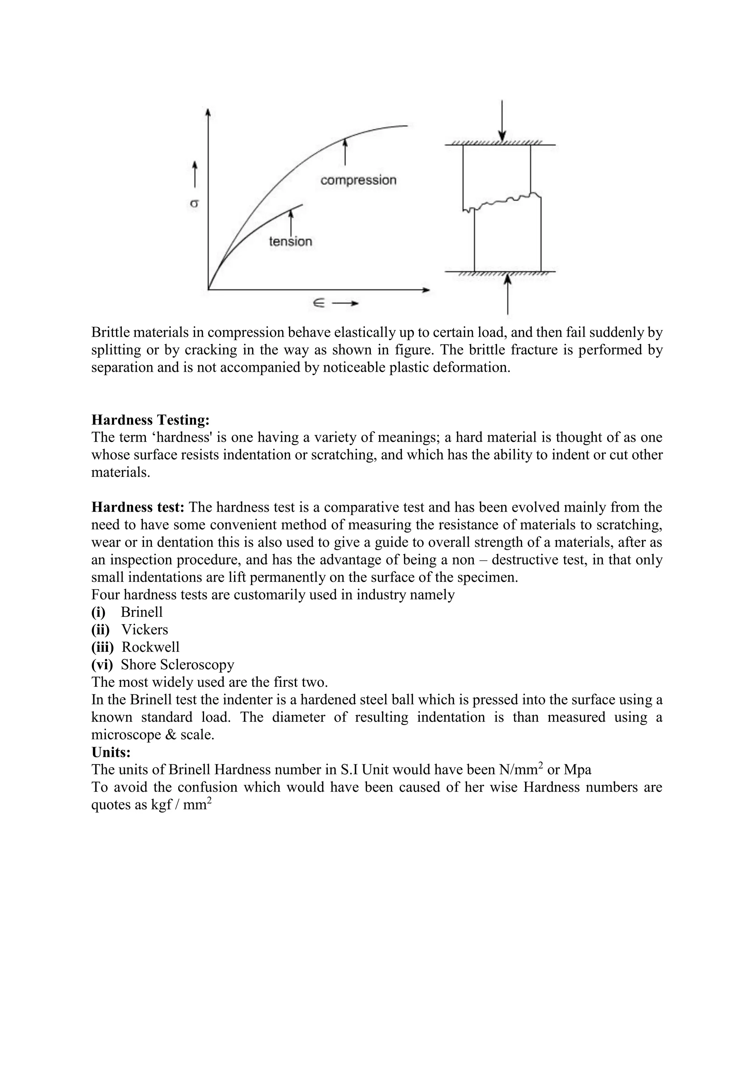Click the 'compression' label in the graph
(359, 180)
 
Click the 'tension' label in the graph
(290, 241)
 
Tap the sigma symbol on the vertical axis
(194, 203)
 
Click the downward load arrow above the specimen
(502, 121)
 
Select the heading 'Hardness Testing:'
(151, 420)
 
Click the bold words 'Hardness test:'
(138, 507)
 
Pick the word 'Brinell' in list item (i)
(142, 612)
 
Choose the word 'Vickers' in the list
(144, 630)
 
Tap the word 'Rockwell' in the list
(151, 647)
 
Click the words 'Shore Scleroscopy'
(177, 665)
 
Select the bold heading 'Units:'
(111, 752)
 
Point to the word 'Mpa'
(577, 770)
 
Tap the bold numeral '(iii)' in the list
(102, 647)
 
